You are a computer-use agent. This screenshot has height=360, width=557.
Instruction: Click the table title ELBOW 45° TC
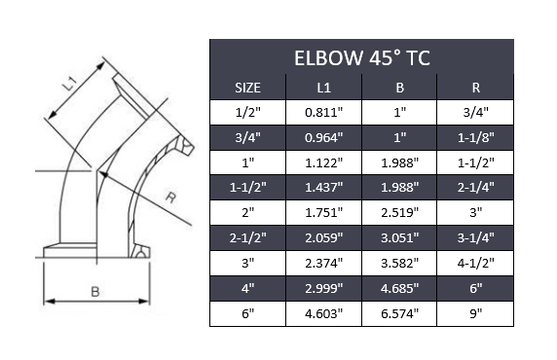361,57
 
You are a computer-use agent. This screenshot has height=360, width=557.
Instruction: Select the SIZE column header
248,88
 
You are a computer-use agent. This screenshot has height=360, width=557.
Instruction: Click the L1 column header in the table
323,88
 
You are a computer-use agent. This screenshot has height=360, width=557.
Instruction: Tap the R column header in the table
476,88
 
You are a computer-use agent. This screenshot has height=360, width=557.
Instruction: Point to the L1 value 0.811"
323,113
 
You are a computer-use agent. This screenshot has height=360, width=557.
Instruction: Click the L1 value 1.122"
323,162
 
